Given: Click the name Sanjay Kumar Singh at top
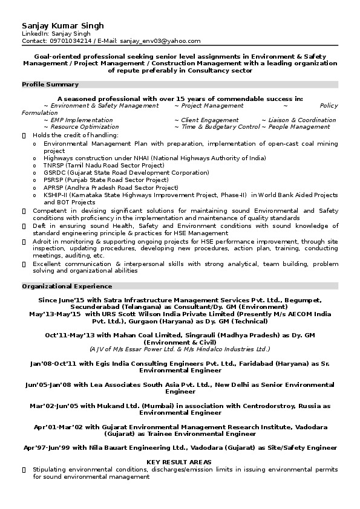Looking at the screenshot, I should pyautogui.click(x=62, y=25).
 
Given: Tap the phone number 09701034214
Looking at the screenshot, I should pyautogui.click(x=71, y=41).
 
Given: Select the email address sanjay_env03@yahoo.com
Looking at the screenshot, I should pyautogui.click(x=160, y=41).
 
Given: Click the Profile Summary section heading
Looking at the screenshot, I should pyautogui.click(x=50, y=85).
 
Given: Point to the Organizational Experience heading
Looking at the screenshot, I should pyautogui.click(x=67, y=286).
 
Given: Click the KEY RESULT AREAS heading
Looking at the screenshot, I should pyautogui.click(x=179, y=462).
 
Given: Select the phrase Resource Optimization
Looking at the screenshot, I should pyautogui.click(x=85, y=127).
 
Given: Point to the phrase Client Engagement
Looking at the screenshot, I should pyautogui.click(x=210, y=120).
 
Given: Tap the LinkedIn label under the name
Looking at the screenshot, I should pyautogui.click(x=34, y=34).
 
